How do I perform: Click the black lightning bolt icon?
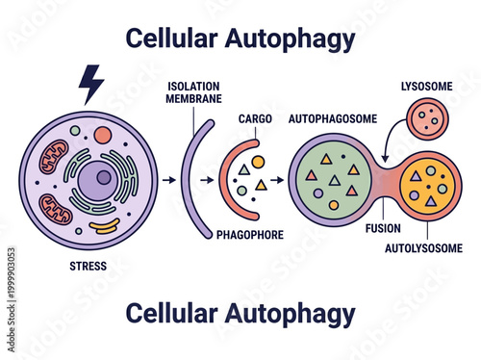tap(90, 83)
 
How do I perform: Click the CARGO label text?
tap(255, 120)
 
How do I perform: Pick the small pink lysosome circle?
tap(428, 120)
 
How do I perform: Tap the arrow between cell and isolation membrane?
tap(169, 179)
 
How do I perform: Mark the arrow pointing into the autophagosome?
tap(279, 179)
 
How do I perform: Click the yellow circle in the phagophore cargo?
tap(258, 162)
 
